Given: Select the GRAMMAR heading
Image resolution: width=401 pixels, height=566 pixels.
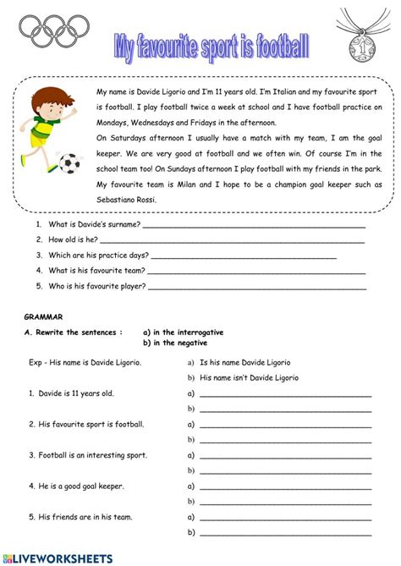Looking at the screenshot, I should click(43, 316).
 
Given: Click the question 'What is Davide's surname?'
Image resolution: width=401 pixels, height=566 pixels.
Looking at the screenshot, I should click(89, 226).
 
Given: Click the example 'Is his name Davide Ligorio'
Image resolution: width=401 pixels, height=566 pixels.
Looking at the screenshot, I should click(250, 362).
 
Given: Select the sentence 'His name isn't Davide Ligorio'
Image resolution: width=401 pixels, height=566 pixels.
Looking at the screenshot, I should click(249, 378).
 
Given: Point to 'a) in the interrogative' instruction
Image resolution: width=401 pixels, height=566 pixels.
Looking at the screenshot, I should click(184, 332).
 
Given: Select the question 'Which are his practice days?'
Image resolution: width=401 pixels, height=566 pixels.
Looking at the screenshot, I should click(95, 256).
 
